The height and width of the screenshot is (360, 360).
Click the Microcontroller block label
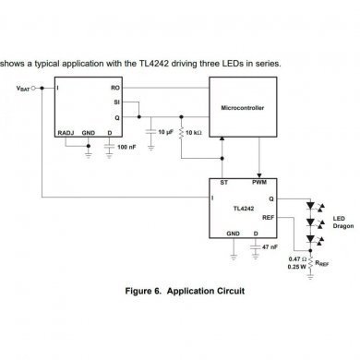243,108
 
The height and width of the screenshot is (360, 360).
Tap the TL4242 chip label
243,209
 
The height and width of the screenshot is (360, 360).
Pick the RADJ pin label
65,133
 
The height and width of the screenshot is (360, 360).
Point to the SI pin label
116,102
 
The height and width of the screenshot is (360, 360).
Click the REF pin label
269,219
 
